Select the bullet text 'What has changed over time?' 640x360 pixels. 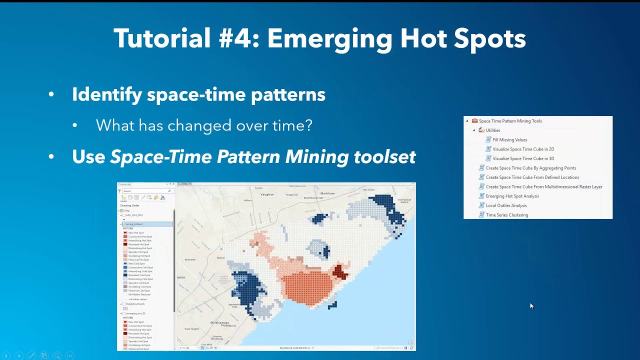pyautogui.click(x=204, y=125)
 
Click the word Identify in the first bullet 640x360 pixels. pyautogui.click(x=106, y=94)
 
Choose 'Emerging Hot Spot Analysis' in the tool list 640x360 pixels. pyautogui.click(x=512, y=196)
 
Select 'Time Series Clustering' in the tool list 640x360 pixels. pyautogui.click(x=506, y=215)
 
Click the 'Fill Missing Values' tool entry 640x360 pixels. pyautogui.click(x=509, y=140)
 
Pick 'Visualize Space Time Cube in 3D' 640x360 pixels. pyautogui.click(x=523, y=158)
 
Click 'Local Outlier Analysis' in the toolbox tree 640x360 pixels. pyautogui.click(x=506, y=205)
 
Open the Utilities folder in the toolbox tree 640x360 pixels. pyautogui.click(x=492, y=130)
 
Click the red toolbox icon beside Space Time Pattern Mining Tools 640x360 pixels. pyautogui.click(x=474, y=121)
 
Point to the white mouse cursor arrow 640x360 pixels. pyautogui.click(x=531, y=305)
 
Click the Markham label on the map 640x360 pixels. pyautogui.click(x=327, y=193)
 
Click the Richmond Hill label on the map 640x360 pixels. pyautogui.click(x=313, y=198)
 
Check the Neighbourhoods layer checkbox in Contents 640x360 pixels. pyautogui.click(x=124, y=304)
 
